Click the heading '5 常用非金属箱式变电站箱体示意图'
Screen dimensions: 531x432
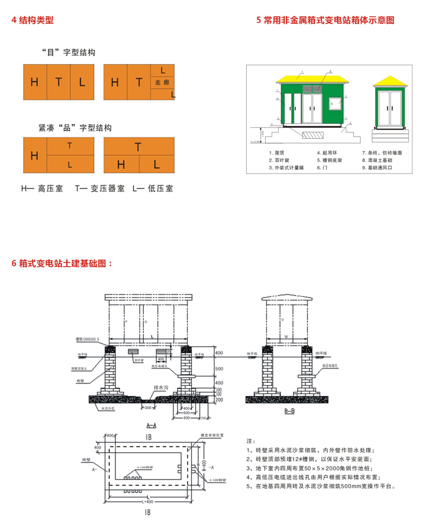(325, 20)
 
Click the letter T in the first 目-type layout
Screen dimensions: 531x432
(59, 82)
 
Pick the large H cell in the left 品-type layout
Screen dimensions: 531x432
(34, 156)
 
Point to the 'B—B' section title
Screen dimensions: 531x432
(289, 410)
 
